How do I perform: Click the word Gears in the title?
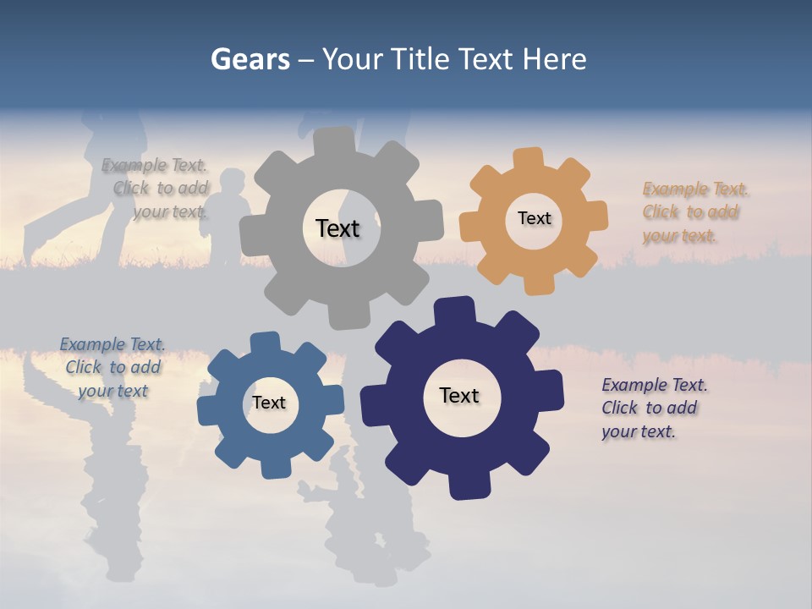(x=250, y=59)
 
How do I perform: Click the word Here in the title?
(x=554, y=59)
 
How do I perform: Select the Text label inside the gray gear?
(x=337, y=228)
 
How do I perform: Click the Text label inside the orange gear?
(x=534, y=218)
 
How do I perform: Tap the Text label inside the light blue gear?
(x=269, y=403)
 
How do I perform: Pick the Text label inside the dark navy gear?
(x=459, y=395)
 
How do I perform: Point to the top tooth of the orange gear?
(x=528, y=159)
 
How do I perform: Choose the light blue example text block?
(x=112, y=367)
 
